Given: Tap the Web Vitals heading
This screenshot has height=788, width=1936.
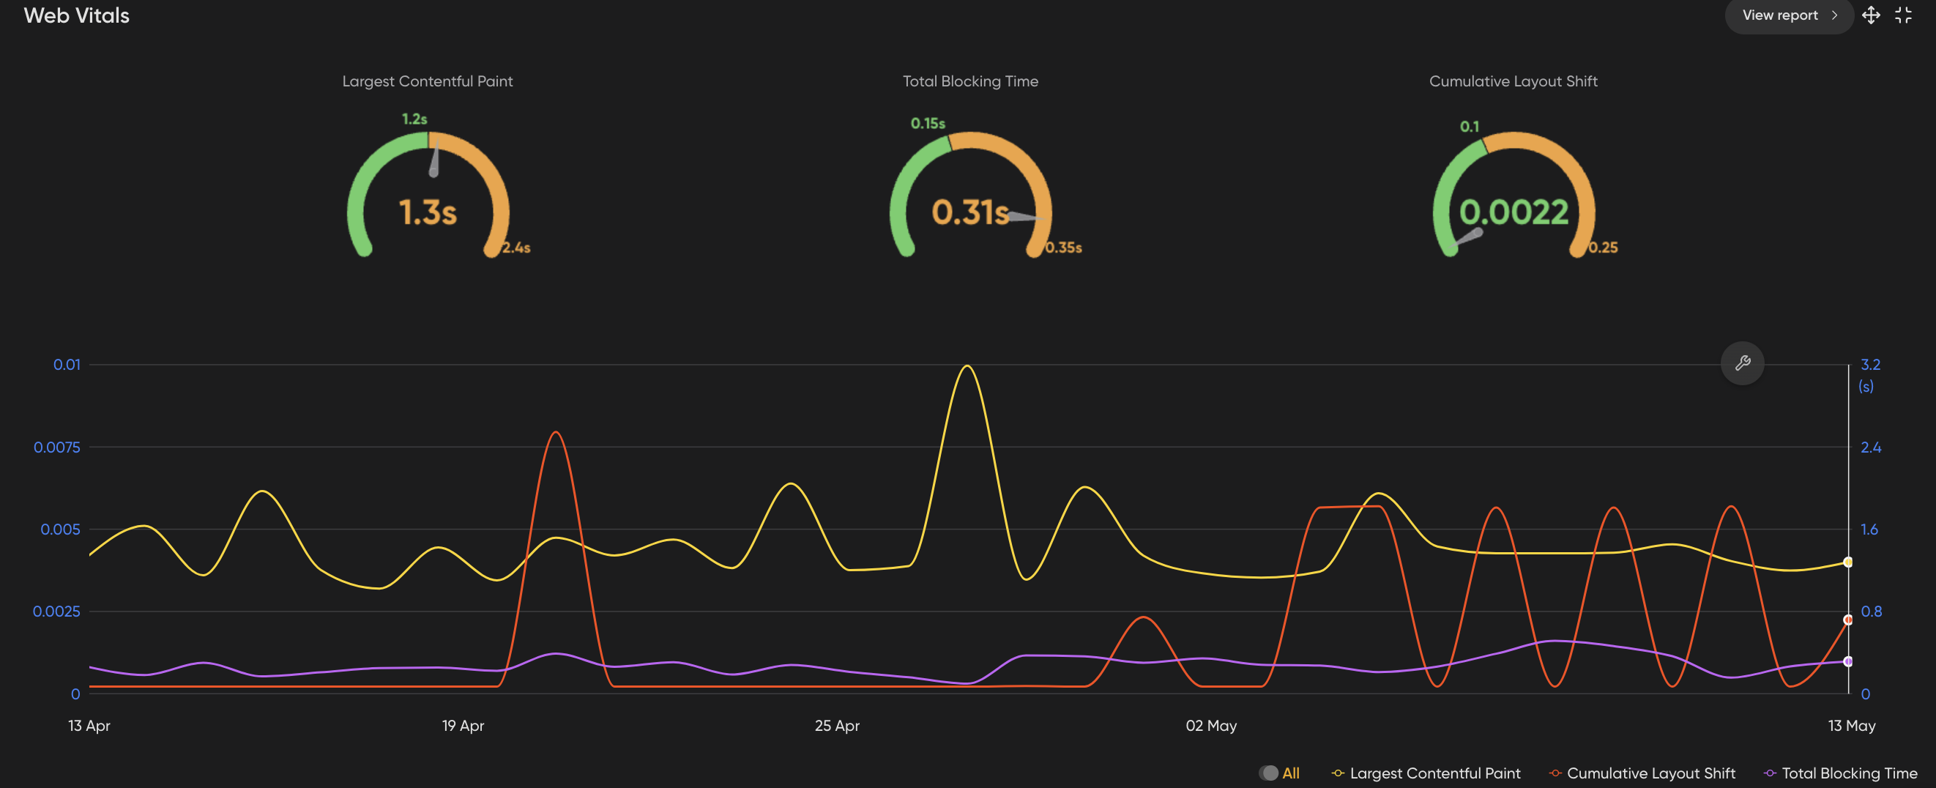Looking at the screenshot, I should [77, 15].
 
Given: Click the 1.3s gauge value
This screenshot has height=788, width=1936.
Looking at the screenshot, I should [428, 212].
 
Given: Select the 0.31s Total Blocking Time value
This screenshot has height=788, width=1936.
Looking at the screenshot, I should [969, 212].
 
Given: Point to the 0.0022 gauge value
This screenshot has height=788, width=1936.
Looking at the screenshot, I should [1514, 212].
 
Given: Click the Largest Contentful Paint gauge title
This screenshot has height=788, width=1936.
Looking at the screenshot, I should [428, 81].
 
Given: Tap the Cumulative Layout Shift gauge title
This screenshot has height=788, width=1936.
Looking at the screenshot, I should [1513, 81].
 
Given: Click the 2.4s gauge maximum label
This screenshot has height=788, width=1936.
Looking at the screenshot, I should [516, 248].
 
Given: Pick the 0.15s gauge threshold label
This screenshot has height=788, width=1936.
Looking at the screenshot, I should [928, 123].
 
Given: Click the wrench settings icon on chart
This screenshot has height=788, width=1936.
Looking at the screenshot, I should [1742, 364].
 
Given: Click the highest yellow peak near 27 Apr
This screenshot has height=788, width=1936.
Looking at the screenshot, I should [967, 367].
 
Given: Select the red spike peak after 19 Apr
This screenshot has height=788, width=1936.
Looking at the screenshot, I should [554, 433].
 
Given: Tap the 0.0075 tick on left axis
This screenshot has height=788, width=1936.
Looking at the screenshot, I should [57, 447].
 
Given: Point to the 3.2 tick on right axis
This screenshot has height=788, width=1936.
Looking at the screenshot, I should [1870, 365].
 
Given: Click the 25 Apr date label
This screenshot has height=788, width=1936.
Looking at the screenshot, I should [836, 726].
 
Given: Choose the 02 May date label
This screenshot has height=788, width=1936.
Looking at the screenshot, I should [1211, 726].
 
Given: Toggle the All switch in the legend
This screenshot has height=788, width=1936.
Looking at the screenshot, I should [1270, 773].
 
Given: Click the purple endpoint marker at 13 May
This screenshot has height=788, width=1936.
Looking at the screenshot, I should [1847, 662].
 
